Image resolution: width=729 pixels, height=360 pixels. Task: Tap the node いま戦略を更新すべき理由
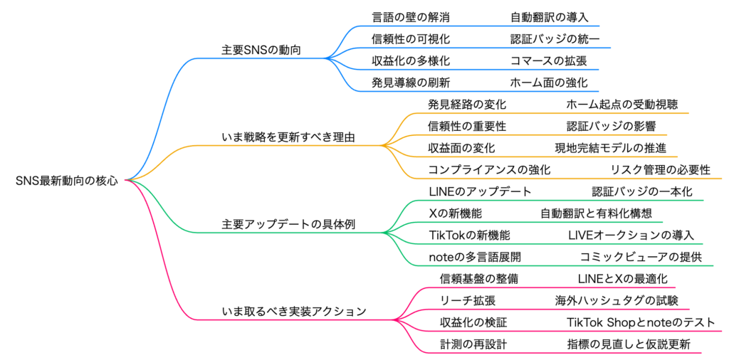288,137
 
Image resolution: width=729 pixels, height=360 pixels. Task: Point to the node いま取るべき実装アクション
294,311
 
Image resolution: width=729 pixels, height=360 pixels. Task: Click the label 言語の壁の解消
411,16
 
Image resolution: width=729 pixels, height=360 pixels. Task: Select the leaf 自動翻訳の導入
550,16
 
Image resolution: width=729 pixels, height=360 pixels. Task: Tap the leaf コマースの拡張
549,60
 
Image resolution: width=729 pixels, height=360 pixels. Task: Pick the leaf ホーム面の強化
549,83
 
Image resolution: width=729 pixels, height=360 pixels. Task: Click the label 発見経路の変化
467,105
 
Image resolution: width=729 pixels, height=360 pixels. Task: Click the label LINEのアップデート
481,191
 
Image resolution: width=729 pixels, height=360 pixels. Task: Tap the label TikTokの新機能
469,235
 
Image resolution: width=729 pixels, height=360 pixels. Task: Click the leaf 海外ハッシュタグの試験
617,300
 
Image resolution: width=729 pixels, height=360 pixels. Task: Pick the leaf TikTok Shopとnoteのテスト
640,322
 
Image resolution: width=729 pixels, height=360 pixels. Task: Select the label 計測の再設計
473,344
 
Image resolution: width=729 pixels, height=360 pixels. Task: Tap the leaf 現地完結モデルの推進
611,148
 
